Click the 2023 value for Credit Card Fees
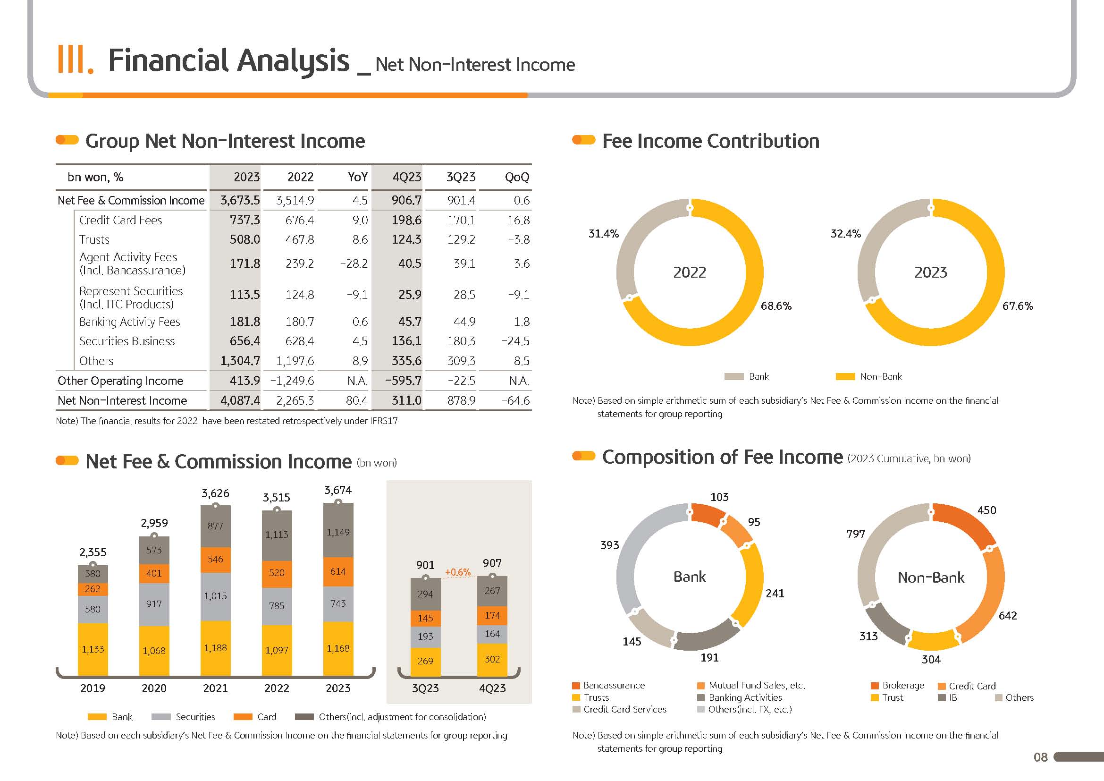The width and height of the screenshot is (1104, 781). [244, 220]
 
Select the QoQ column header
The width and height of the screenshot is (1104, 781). [516, 178]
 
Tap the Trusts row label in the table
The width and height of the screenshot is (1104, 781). [94, 239]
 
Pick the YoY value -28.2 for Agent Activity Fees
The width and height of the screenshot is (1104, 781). [354, 263]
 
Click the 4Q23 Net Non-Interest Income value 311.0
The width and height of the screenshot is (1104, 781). [406, 400]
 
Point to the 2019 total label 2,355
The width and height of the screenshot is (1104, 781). [93, 552]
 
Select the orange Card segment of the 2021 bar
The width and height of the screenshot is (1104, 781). [215, 559]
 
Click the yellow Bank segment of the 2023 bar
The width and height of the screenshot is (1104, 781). [338, 648]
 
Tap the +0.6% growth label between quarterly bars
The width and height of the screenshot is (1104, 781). [457, 572]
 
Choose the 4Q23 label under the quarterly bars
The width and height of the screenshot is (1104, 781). [492, 688]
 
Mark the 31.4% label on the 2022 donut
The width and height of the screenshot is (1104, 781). [604, 234]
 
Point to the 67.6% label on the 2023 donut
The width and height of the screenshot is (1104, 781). [1018, 306]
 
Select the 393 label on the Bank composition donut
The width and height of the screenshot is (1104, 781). [609, 545]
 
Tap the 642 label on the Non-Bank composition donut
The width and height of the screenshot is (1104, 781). [1007, 616]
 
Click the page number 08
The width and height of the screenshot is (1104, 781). [1040, 757]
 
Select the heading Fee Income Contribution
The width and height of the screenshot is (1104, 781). [710, 141]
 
